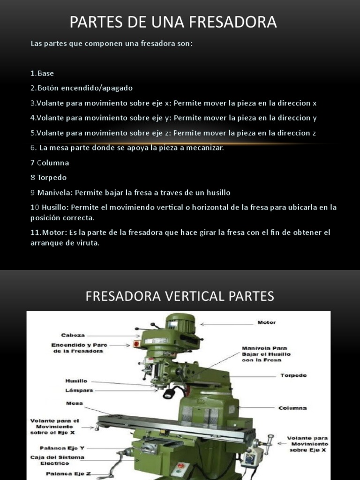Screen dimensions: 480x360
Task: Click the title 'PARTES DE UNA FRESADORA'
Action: (173, 22)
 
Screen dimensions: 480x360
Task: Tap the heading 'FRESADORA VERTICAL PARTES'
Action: (180, 296)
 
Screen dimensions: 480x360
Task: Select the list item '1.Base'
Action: (42, 73)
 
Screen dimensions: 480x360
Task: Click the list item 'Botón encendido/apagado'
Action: (84, 88)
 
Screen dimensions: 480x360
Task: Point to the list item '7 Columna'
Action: (50, 163)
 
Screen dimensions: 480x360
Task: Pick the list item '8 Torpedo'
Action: (49, 178)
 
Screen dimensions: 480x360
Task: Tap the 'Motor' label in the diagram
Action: (267, 322)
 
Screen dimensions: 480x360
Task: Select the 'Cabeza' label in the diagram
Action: (73, 335)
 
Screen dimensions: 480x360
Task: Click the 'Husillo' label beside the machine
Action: (76, 381)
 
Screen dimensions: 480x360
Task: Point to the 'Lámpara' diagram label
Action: (79, 390)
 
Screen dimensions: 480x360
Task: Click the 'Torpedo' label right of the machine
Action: (293, 375)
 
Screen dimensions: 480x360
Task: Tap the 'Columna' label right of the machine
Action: (292, 408)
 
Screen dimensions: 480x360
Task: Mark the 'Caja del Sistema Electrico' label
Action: (51, 460)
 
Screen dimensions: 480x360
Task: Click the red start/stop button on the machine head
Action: (136, 345)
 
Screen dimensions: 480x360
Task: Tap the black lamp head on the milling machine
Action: (167, 394)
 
